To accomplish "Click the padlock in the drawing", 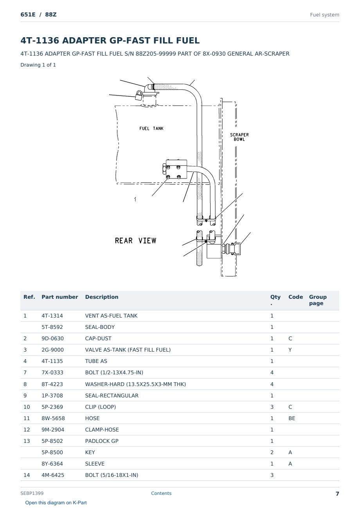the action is (x=139, y=96).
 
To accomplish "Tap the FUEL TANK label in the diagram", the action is (x=151, y=128).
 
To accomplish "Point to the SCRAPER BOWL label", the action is (x=239, y=137).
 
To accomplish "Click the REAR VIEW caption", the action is (x=136, y=241).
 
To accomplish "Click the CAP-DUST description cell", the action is (x=98, y=338).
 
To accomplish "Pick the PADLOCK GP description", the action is (x=102, y=441).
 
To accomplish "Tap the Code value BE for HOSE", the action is (x=292, y=418).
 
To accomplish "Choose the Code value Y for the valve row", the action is (x=290, y=350).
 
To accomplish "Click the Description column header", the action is (x=102, y=297).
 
